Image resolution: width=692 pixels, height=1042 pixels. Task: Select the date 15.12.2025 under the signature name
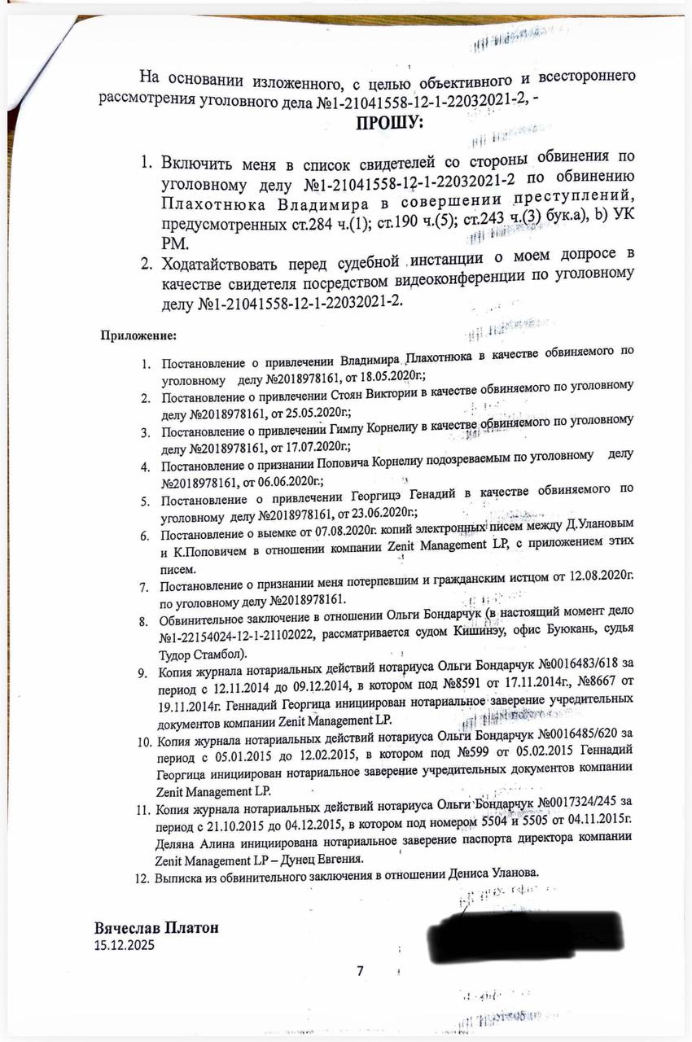click(124, 945)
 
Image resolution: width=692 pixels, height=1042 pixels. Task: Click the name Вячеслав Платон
click(157, 929)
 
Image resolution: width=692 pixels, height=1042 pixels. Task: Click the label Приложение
click(138, 335)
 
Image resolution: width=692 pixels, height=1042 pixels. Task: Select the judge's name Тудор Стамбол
click(202, 655)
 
